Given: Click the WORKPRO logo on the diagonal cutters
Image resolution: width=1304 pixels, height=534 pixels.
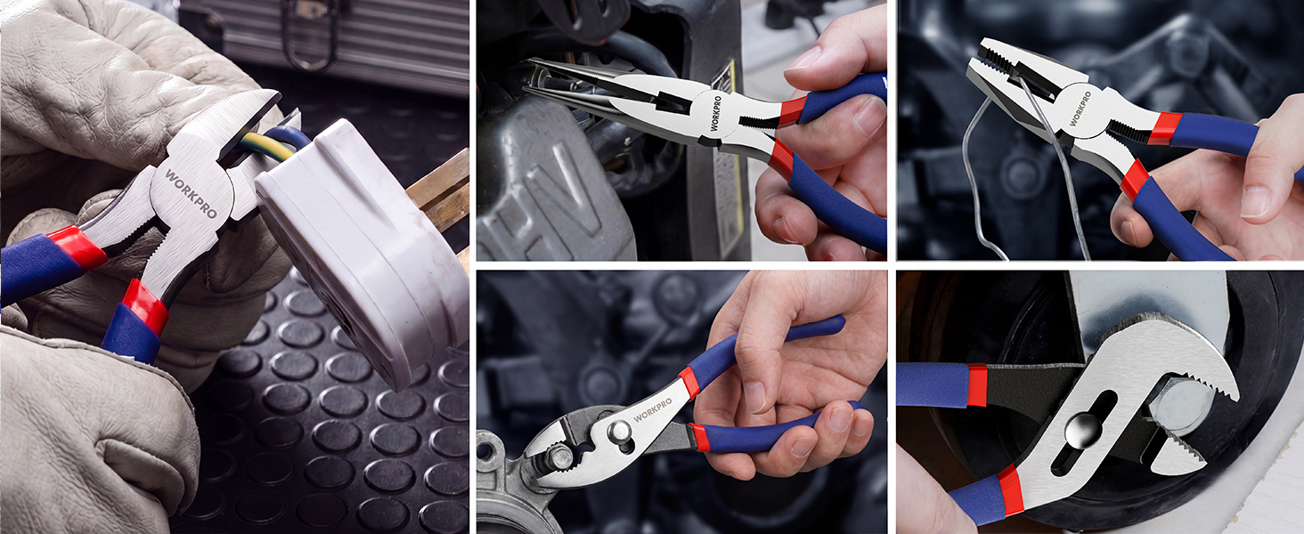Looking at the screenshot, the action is (191, 193).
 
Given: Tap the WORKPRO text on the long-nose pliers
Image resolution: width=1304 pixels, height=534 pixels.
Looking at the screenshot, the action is (715, 113).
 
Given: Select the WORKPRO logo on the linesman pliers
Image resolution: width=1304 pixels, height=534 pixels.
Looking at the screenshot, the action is (1080, 109).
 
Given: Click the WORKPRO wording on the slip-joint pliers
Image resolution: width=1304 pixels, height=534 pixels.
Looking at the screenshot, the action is (652, 409).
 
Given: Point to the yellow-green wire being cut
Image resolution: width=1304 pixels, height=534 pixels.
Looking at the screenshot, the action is (269, 147).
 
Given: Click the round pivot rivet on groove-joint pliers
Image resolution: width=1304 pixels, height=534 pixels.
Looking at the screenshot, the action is (1083, 431).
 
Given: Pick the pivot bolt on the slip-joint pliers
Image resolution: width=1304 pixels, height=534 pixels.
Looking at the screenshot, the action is (619, 433).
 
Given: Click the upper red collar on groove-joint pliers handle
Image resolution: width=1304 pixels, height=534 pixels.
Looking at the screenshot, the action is (977, 385).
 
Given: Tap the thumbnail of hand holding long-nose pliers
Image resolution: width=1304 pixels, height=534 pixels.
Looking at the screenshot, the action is (804, 58).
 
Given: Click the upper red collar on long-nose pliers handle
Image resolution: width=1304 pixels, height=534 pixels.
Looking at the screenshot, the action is (793, 111).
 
